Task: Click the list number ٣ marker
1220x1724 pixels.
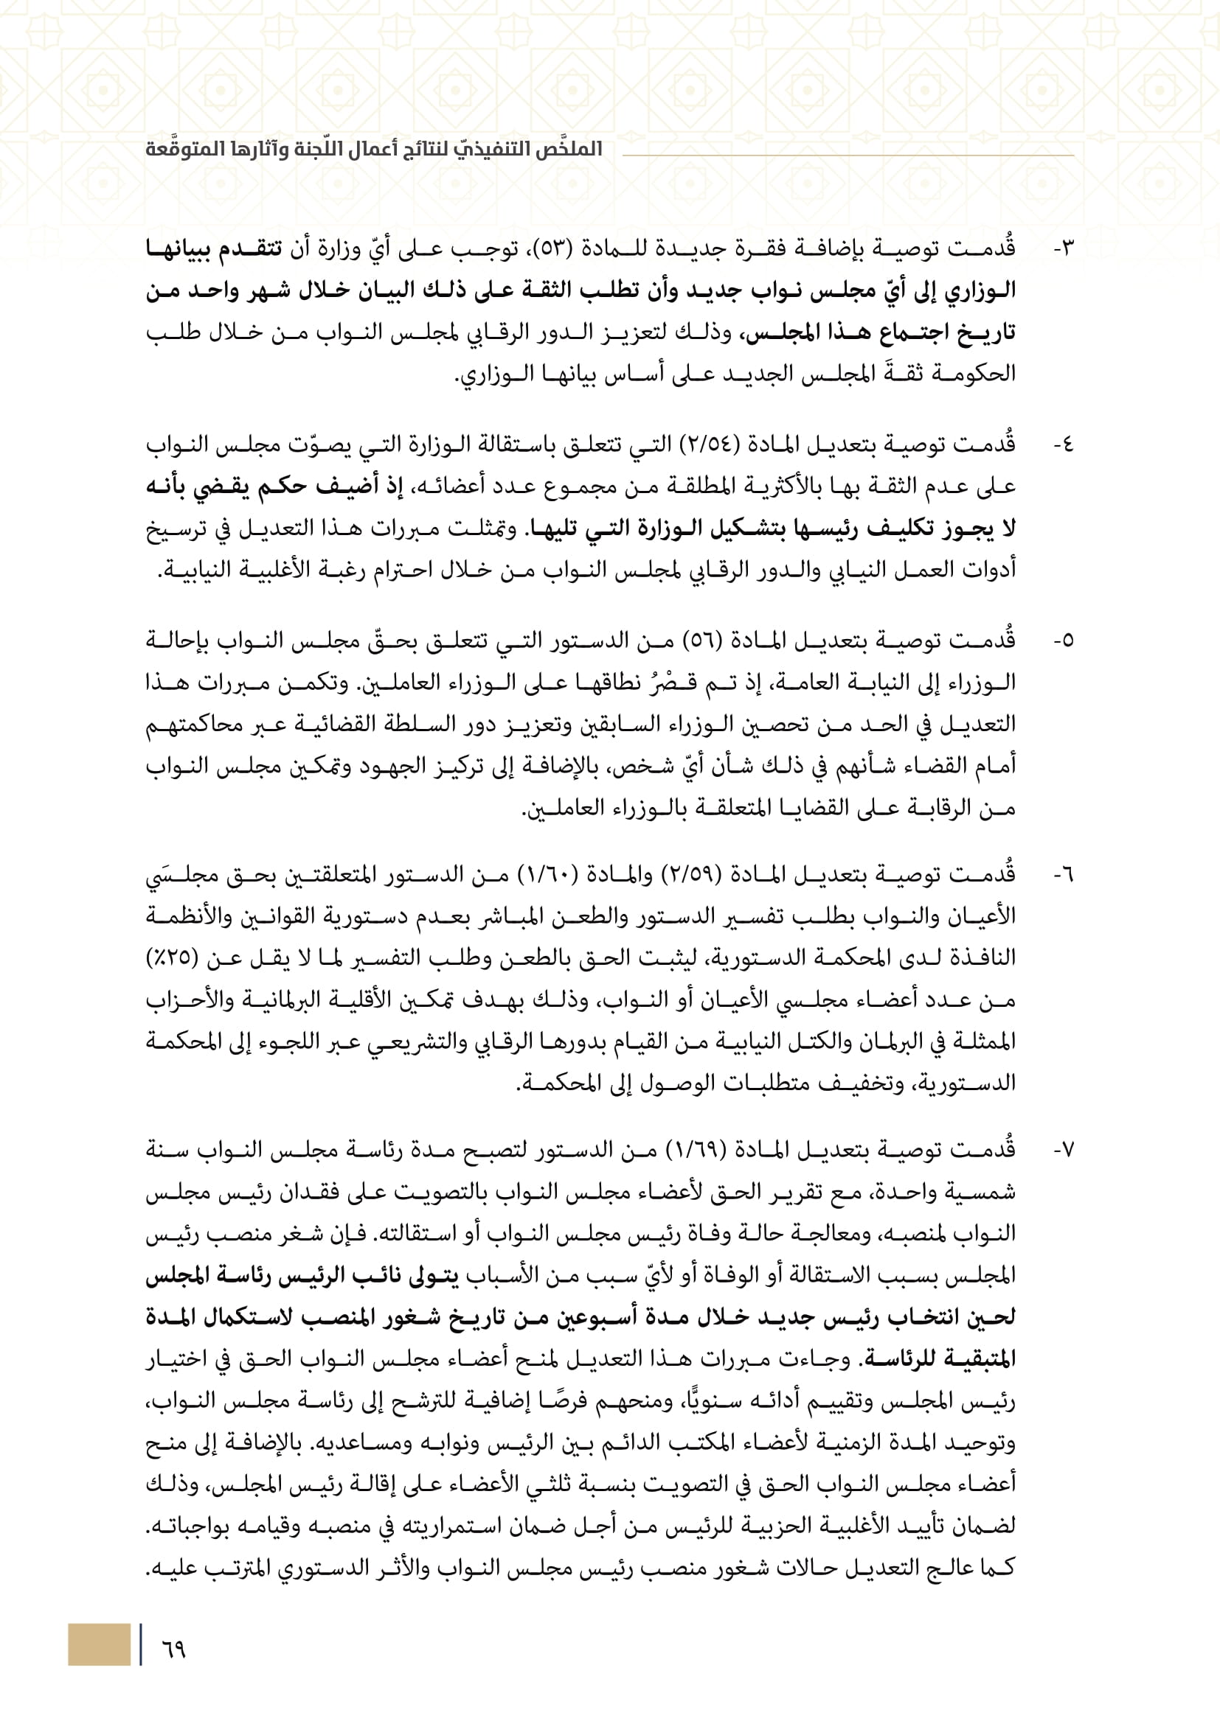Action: coord(1064,248)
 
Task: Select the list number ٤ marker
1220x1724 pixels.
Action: coord(1064,445)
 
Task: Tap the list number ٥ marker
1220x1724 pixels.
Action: coord(1064,641)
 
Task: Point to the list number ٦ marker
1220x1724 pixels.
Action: coord(1064,875)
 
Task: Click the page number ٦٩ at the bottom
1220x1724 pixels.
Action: coord(173,1650)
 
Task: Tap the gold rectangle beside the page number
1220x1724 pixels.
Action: coord(98,1644)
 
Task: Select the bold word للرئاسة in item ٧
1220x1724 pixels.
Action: coord(938,1359)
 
